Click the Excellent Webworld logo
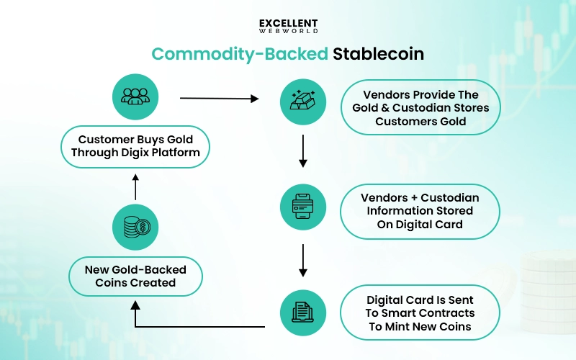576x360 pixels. (288, 26)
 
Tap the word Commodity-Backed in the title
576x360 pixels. (239, 55)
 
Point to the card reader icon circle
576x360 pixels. (302, 207)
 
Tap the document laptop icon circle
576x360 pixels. (302, 312)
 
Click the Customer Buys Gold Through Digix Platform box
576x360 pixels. (135, 147)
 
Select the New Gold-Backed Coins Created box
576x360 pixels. (135, 276)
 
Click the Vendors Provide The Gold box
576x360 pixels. (420, 108)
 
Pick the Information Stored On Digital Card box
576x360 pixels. (420, 211)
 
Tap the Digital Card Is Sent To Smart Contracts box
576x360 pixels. (420, 313)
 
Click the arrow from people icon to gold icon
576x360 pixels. (219, 98)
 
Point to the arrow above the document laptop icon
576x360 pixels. (302, 260)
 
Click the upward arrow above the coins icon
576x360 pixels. (135, 186)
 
